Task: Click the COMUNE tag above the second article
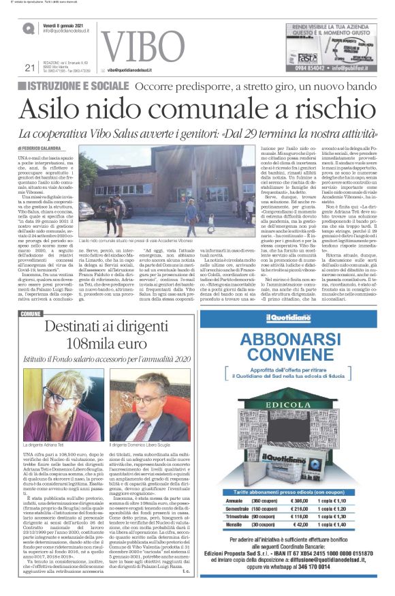pos(31,314)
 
